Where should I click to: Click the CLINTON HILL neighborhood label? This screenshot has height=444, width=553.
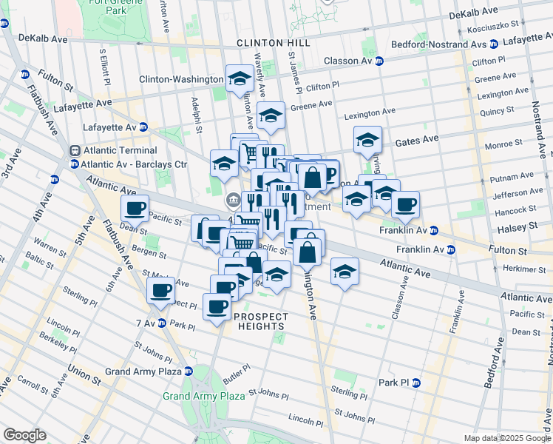[273, 43]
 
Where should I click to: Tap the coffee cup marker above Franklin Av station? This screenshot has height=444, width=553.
[404, 204]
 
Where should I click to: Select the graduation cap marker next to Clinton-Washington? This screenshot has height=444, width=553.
[239, 78]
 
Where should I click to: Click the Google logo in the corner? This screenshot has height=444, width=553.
[25, 435]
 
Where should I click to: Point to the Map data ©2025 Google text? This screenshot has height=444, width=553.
[506, 438]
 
